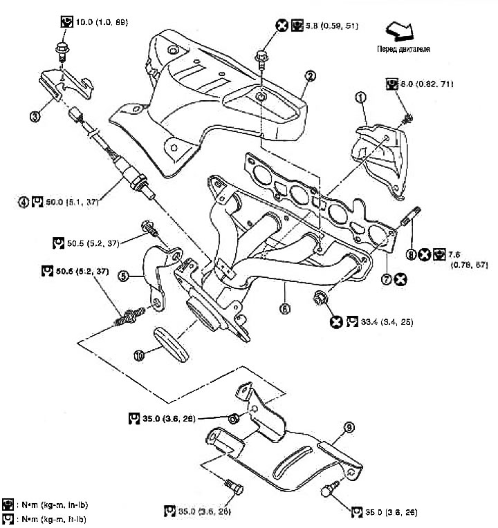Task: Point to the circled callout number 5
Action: click(x=123, y=274)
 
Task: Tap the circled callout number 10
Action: click(x=139, y=355)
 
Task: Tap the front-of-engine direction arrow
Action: click(x=399, y=30)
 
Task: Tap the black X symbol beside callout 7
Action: click(x=400, y=279)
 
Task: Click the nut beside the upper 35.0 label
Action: click(x=234, y=418)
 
